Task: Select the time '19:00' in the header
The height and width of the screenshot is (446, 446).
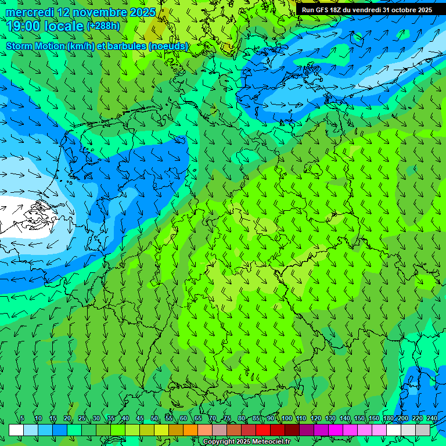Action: point(24,26)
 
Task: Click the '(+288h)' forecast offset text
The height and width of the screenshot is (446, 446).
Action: point(103,26)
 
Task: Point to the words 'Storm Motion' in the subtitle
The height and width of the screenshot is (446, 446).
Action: point(35,46)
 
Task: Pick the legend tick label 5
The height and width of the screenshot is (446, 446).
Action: point(22,419)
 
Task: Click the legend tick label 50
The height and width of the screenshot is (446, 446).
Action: point(154,419)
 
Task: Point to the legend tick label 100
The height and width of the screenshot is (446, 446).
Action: point(286,419)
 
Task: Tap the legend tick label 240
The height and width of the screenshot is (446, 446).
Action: point(431,419)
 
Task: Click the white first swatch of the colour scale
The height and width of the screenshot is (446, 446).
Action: point(16,430)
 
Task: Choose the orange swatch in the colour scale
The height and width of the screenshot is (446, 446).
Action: point(190,430)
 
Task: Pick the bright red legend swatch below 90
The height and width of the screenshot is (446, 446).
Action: point(263,430)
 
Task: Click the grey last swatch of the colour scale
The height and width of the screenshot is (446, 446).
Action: point(423,430)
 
